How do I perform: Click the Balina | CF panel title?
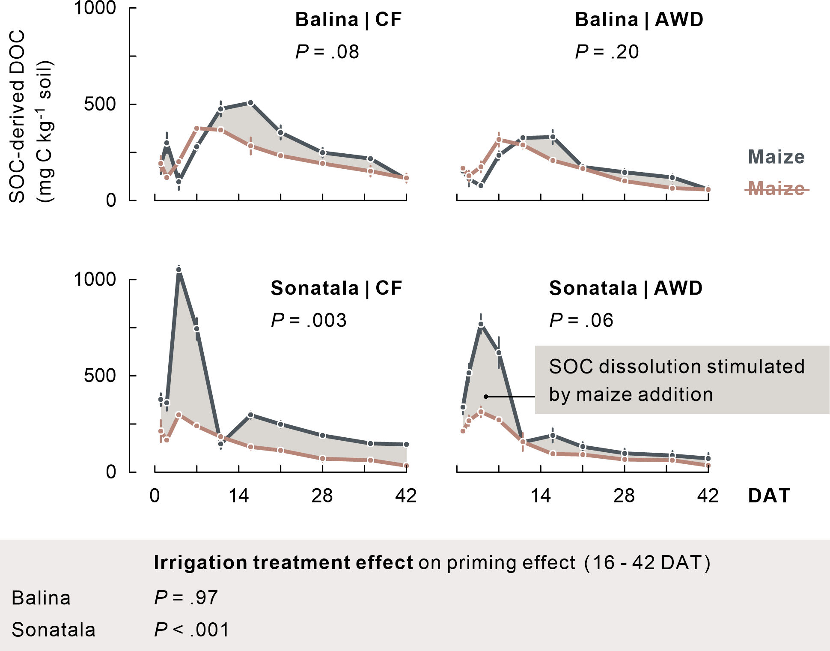[348, 20]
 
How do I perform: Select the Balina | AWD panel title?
[639, 20]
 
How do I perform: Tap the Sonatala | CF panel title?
[336, 288]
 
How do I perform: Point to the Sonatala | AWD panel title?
[626, 288]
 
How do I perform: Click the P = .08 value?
[327, 52]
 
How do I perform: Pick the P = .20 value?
[607, 52]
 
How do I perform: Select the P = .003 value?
[309, 320]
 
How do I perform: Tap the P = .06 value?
[581, 320]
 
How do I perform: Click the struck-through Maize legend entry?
[776, 188]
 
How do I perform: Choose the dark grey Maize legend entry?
[776, 157]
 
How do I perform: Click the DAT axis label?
[769, 496]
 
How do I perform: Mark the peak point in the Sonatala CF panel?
[179, 270]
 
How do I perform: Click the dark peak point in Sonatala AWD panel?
[481, 324]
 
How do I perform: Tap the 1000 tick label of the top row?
[95, 8]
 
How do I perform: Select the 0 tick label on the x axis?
[155, 496]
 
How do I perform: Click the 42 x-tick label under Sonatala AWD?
[708, 496]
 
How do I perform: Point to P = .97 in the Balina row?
[186, 597]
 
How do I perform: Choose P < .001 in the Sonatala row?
[192, 630]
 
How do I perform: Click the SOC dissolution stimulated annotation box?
[681, 380]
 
